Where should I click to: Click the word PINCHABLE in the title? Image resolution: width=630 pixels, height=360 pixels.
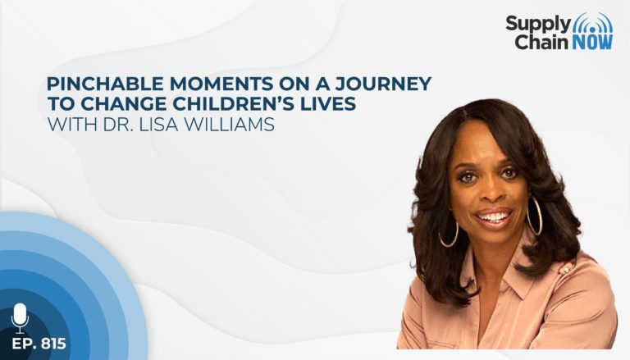[105, 84]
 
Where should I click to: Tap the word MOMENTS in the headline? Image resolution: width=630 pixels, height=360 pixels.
[220, 84]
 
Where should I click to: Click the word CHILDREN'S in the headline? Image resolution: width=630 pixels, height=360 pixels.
[241, 103]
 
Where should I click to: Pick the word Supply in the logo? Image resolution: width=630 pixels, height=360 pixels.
[538, 24]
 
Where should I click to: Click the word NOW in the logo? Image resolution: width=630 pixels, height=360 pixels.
[592, 42]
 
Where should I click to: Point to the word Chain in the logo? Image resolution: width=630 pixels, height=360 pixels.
[542, 42]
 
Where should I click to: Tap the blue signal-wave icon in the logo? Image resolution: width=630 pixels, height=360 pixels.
[592, 23]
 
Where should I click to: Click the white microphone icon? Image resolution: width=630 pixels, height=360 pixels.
[20, 318]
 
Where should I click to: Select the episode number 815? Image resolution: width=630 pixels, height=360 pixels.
[53, 344]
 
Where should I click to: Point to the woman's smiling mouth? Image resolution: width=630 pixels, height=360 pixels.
[493, 218]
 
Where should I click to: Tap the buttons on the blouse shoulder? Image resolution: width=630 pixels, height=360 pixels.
[566, 268]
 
